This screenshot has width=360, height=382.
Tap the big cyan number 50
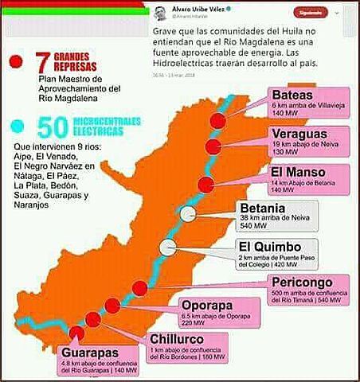[51, 127]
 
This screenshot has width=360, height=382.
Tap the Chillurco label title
[180, 340]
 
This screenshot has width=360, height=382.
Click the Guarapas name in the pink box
[90, 352]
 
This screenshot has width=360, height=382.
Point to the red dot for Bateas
[218, 119]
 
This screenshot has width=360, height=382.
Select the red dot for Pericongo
[139, 288]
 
